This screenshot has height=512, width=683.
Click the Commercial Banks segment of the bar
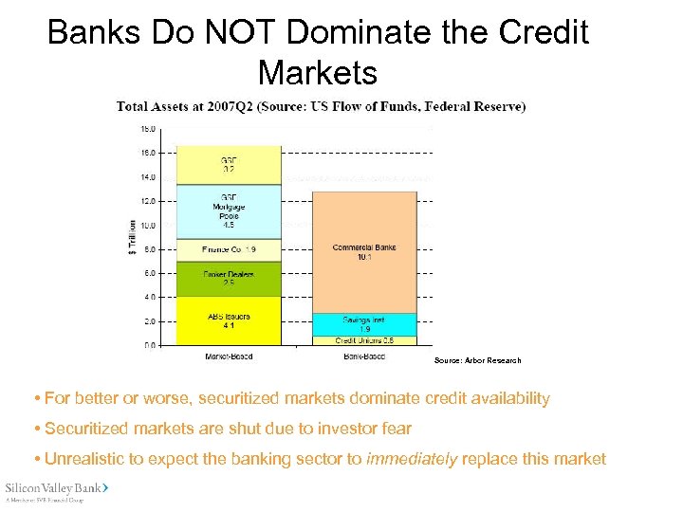[364, 252]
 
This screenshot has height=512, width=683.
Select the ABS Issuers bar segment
[229, 320]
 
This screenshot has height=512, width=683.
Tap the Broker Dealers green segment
[229, 279]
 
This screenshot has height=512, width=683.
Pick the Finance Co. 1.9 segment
[229, 249]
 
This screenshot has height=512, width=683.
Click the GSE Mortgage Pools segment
[229, 211]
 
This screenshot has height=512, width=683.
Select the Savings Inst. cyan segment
[364, 324]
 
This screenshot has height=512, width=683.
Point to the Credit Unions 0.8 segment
[364, 340]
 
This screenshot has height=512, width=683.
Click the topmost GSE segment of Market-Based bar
[229, 165]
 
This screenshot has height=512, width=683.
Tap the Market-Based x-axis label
[229, 357]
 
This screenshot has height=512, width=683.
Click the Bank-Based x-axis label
[364, 357]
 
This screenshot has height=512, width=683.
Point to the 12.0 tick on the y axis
[149, 201]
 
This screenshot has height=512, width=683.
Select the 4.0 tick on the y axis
[150, 298]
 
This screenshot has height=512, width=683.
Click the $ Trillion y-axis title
[132, 237]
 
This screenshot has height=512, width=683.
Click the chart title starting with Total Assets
[321, 107]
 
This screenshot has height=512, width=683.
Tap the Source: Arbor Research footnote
[477, 360]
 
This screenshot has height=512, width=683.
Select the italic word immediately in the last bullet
[413, 459]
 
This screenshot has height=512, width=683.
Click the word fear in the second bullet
[395, 429]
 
